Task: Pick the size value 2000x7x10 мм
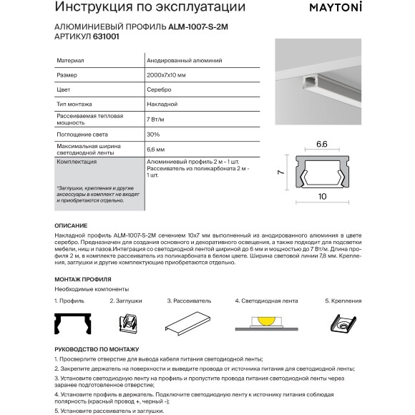[166, 76]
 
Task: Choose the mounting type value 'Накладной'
[160, 104]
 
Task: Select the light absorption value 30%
[152, 134]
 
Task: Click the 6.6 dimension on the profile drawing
[321, 145]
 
